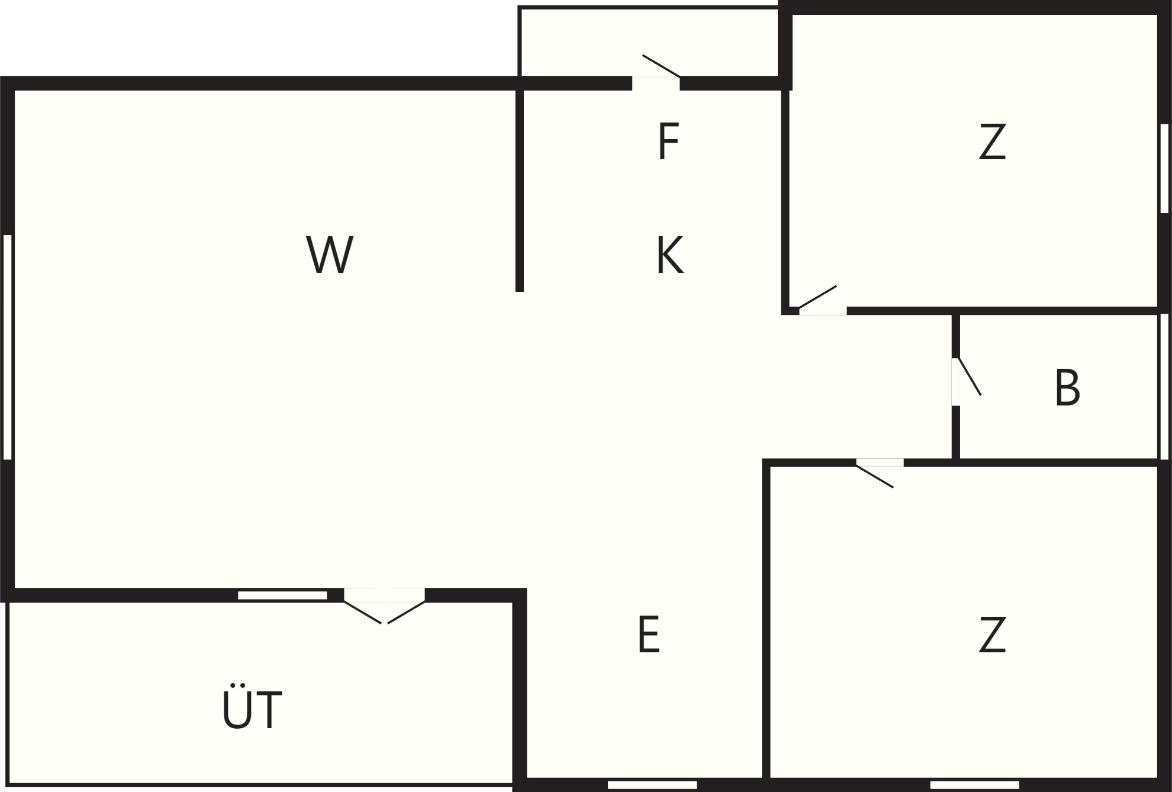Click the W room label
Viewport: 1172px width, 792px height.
(x=330, y=255)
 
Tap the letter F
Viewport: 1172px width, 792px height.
(x=668, y=141)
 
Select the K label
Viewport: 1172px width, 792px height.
(x=670, y=255)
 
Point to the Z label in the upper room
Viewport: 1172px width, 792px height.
(x=993, y=141)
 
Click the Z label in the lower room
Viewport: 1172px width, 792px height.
(x=993, y=635)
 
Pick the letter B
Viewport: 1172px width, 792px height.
(x=1067, y=388)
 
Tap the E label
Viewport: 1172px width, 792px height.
(x=649, y=635)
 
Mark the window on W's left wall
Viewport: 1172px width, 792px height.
(x=8, y=347)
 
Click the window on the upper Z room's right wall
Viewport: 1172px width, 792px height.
(x=1164, y=168)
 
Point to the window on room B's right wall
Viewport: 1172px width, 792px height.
(x=1164, y=386)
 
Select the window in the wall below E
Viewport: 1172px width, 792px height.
(x=652, y=785)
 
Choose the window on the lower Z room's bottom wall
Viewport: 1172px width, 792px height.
(x=975, y=785)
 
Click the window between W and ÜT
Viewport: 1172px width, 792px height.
(x=282, y=595)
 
